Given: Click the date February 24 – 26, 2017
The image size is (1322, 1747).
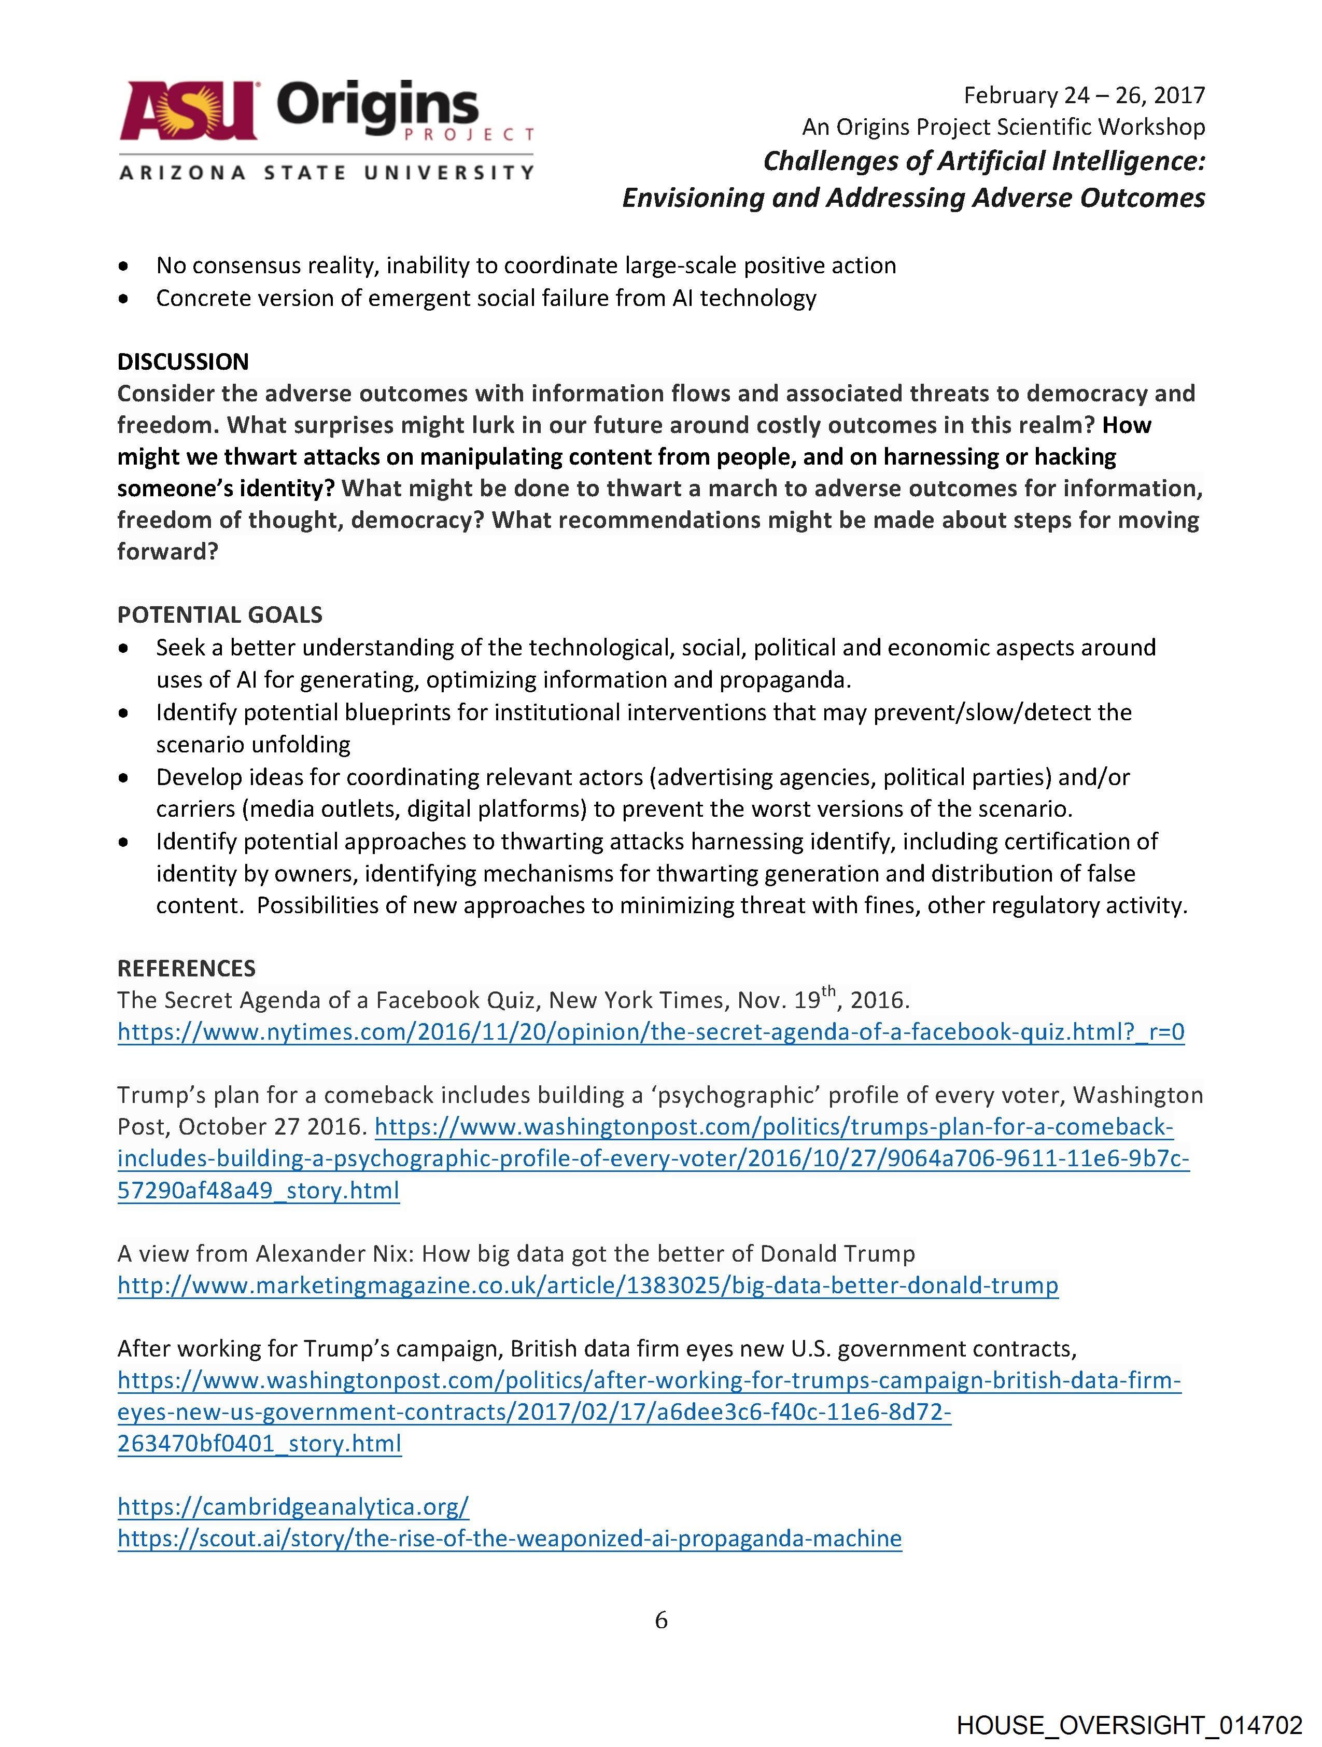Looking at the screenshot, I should [1084, 95].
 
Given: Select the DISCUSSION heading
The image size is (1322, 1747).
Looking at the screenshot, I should [182, 362].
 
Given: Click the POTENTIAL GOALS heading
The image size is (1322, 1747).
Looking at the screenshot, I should [219, 614].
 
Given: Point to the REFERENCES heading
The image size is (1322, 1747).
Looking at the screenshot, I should [186, 968].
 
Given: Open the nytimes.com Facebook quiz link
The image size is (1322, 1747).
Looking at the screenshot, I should [651, 1032].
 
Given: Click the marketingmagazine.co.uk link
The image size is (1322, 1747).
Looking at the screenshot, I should [587, 1286].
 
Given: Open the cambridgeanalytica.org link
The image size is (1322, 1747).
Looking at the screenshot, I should [293, 1507].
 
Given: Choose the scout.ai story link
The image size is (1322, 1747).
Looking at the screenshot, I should [510, 1539].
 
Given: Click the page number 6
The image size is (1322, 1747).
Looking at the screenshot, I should [661, 1620].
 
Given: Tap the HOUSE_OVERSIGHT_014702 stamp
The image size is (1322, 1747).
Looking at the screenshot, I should [1129, 1724].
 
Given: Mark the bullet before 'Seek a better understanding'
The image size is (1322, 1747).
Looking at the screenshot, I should [123, 648].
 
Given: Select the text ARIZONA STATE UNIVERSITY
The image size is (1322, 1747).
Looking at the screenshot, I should [326, 172].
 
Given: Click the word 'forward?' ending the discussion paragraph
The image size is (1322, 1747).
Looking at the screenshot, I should [167, 551].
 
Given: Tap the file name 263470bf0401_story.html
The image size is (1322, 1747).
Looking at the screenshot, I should [259, 1444].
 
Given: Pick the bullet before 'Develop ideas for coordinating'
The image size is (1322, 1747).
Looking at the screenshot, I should [123, 778].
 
